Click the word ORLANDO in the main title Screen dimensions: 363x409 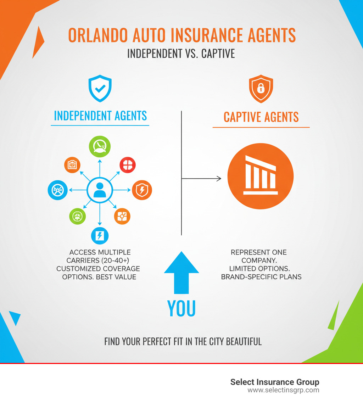tap(98, 35)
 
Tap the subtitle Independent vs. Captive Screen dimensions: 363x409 tap(181, 54)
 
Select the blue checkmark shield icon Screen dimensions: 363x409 tap(100, 88)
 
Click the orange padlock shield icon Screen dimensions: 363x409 tap(261, 89)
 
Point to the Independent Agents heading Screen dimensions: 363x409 tap(100, 116)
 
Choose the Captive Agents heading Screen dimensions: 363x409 tap(261, 117)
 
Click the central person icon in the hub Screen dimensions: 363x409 tap(100, 190)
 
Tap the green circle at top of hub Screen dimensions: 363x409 tap(100, 147)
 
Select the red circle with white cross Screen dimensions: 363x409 tap(128, 165)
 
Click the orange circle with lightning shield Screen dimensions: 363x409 tap(142, 190)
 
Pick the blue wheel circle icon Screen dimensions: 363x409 tap(58, 190)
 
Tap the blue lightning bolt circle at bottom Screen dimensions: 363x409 tap(100, 236)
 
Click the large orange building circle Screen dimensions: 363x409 tap(261, 177)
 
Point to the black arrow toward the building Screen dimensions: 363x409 tap(201, 179)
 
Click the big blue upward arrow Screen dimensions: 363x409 tap(181, 273)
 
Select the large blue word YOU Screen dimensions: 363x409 tap(181, 308)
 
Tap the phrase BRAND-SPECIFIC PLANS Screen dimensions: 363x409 tap(261, 277)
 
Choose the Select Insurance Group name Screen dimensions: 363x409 tap(274, 382)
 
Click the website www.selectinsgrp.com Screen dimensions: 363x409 tap(283, 390)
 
